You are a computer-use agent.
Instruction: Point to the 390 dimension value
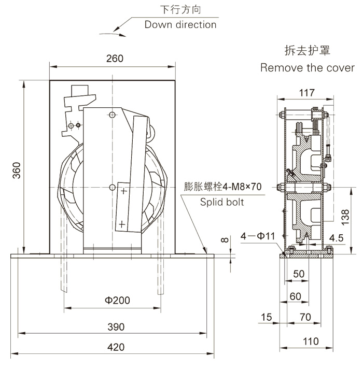(x=115, y=327)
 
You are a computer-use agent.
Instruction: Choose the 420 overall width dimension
(x=115, y=348)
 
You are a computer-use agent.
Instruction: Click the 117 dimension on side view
(x=307, y=93)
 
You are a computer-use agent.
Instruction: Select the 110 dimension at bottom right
(x=310, y=341)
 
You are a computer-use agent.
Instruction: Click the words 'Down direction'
(x=180, y=24)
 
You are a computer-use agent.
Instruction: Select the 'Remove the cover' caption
(x=307, y=68)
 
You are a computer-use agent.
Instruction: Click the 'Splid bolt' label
(x=222, y=202)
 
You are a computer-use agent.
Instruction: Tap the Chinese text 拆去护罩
(x=307, y=51)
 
